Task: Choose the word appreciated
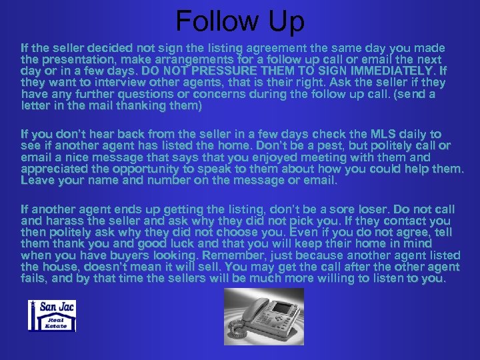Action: [57, 169]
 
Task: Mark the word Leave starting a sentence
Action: [38, 180]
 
